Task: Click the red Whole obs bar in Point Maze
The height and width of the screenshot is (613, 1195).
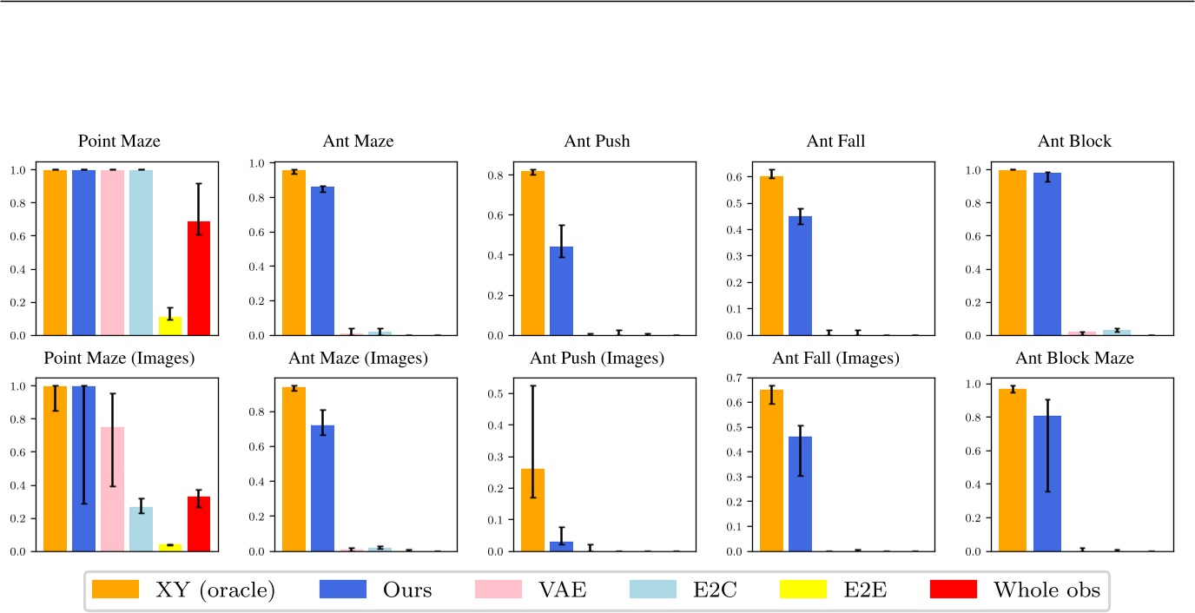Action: (x=199, y=278)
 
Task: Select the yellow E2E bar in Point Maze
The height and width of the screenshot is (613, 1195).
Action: (x=170, y=326)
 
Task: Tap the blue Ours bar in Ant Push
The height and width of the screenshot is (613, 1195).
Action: (x=561, y=291)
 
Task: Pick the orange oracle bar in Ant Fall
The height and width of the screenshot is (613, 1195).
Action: (x=772, y=255)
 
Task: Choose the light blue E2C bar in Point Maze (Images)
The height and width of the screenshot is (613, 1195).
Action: (x=141, y=529)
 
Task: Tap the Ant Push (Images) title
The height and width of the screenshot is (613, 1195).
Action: (x=597, y=358)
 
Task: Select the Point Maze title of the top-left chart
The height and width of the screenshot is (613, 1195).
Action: (x=119, y=142)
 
